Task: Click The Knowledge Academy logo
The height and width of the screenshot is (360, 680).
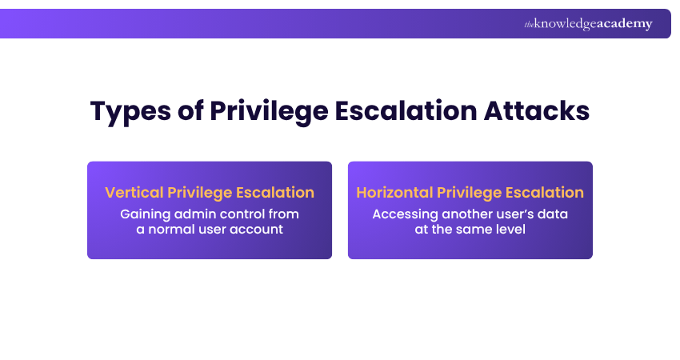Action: (588, 24)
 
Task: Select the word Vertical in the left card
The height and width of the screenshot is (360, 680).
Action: (134, 193)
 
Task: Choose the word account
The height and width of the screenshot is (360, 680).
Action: (255, 230)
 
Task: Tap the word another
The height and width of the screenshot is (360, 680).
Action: (464, 214)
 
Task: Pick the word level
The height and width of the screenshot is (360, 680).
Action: (510, 230)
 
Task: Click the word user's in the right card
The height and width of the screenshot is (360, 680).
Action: (514, 214)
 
